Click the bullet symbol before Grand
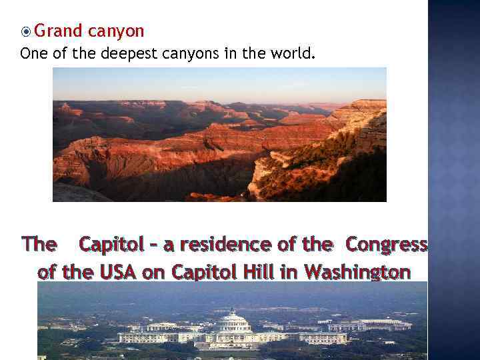tap(26, 31)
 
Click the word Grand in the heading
tap(59, 31)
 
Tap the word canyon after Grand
tap(115, 31)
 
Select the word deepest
tap(129, 53)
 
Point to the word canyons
tap(190, 53)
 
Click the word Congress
tap(386, 245)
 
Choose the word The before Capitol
tap(39, 245)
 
